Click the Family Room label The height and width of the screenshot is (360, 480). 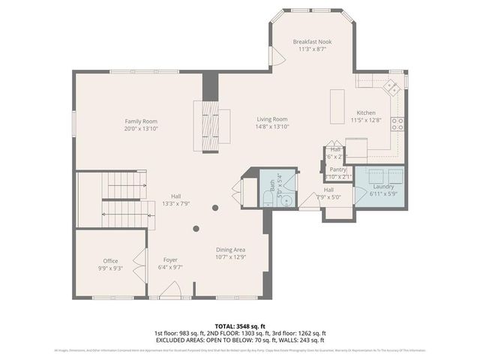click(x=141, y=121)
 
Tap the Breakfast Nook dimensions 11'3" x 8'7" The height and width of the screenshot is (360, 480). click(x=312, y=49)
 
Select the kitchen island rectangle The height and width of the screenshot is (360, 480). click(x=338, y=106)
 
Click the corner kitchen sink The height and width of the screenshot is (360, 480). click(x=391, y=87)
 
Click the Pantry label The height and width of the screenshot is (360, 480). click(x=338, y=169)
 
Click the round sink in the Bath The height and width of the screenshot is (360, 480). click(x=287, y=182)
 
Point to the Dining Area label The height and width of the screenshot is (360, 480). click(x=230, y=250)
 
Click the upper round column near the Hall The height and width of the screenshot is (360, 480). click(x=214, y=208)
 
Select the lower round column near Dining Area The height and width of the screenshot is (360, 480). click(x=196, y=229)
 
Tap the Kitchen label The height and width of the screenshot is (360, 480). click(x=365, y=112)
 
